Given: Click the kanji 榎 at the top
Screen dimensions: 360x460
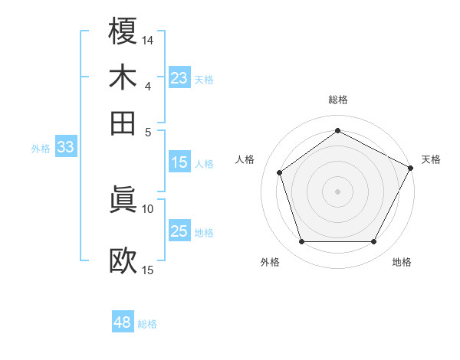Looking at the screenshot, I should [x=123, y=31].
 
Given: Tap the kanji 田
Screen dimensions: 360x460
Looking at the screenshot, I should [x=123, y=123].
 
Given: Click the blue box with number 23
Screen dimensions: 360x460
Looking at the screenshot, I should [x=179, y=78].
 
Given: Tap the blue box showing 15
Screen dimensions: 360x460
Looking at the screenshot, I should [x=179, y=162].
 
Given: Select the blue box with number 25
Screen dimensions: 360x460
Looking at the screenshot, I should [x=179, y=231].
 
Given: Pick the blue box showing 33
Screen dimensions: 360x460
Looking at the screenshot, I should [x=65, y=148].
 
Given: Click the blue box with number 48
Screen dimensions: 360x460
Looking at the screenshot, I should [x=122, y=323].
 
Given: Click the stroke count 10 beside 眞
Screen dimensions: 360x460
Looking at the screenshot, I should [x=148, y=208].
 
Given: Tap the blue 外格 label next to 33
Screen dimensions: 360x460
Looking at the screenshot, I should [x=40, y=149].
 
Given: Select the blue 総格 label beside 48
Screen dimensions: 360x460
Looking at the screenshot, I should [x=147, y=324].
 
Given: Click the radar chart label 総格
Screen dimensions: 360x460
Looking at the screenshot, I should [x=338, y=100].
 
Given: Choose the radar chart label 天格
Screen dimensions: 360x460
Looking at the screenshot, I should [x=431, y=159].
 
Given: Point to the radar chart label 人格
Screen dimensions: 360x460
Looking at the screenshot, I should [x=245, y=159].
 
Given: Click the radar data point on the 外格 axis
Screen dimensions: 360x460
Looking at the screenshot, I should [x=301, y=242].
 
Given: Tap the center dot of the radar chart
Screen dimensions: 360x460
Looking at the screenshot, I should [x=338, y=191].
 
